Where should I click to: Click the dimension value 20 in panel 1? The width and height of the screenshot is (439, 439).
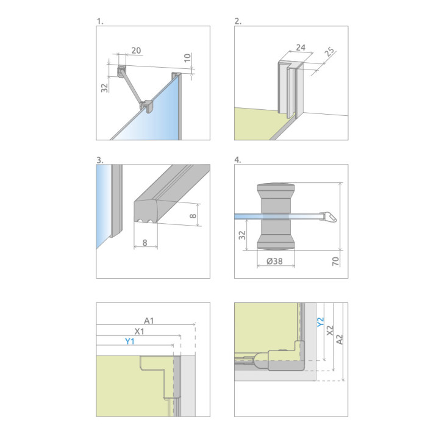(x=136, y=51)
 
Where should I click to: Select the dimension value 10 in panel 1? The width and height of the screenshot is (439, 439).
(x=187, y=58)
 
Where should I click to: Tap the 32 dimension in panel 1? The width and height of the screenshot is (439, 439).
(x=104, y=88)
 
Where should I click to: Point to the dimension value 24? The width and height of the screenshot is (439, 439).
(x=301, y=48)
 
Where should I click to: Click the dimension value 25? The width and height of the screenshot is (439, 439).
(x=330, y=52)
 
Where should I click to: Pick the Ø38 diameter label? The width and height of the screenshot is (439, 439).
(x=274, y=261)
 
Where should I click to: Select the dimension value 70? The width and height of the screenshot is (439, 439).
(x=335, y=261)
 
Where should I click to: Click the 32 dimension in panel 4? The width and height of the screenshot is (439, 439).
(x=242, y=235)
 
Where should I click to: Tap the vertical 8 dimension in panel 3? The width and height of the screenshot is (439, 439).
(x=193, y=216)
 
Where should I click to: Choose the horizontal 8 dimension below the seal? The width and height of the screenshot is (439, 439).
(x=145, y=243)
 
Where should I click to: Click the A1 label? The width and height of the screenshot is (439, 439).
(x=149, y=321)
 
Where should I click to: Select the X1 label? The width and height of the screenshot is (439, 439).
(x=139, y=332)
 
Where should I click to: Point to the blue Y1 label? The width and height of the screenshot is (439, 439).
(x=130, y=341)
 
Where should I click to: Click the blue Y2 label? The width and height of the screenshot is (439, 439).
(x=320, y=322)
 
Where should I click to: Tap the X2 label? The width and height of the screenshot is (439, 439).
(x=330, y=330)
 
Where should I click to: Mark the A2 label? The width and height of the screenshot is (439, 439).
(x=340, y=340)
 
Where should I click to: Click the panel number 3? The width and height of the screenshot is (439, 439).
(x=99, y=160)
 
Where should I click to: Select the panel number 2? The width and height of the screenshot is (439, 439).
(x=238, y=21)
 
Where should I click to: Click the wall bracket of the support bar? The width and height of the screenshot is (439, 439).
(x=121, y=72)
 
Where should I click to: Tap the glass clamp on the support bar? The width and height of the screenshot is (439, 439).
(x=147, y=106)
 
